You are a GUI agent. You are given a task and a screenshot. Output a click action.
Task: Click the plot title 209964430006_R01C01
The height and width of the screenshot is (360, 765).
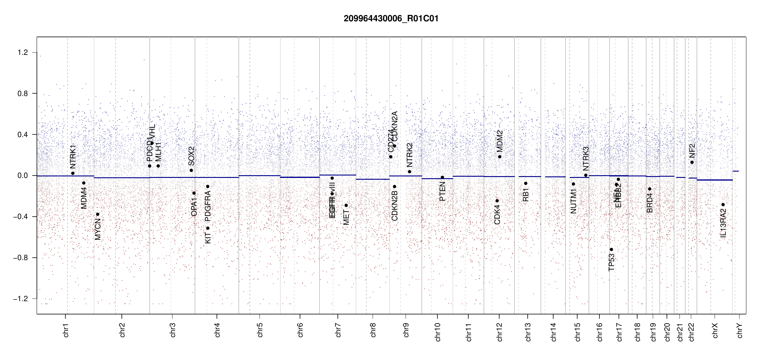coord(391,19)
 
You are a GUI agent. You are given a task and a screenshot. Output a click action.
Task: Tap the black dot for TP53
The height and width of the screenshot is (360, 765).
coord(611,250)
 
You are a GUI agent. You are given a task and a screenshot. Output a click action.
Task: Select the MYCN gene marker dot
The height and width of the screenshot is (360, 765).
coord(97,214)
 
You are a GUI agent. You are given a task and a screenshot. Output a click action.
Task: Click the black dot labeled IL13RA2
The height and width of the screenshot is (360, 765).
coord(723,205)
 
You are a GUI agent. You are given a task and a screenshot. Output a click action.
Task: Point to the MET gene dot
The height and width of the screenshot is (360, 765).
coord(346,205)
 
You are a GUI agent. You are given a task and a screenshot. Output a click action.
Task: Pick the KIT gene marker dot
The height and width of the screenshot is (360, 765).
coord(208,228)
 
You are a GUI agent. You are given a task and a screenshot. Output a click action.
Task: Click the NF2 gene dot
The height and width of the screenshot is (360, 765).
coord(692,162)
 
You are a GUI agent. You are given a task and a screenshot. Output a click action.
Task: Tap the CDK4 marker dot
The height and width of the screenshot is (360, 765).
coord(497,201)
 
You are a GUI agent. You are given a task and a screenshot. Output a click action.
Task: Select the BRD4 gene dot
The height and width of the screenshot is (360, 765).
coord(649,189)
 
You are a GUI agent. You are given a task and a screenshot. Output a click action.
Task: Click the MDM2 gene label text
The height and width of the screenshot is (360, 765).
coord(499,141)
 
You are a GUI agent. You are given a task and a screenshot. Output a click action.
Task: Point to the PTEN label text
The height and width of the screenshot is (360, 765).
coord(442,191)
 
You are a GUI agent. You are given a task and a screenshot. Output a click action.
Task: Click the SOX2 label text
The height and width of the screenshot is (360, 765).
coord(191,156)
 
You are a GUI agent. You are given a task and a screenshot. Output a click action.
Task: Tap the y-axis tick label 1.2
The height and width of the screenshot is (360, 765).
coord(22,52)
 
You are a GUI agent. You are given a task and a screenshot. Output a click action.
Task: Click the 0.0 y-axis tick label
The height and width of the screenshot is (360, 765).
coord(22,175)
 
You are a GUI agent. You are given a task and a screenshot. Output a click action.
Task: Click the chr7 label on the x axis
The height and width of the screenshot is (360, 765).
coord(338,330)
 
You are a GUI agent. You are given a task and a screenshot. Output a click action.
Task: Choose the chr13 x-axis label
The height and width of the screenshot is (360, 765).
coord(528,332)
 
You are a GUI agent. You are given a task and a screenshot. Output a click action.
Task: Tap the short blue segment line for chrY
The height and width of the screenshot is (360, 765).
coord(736,171)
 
